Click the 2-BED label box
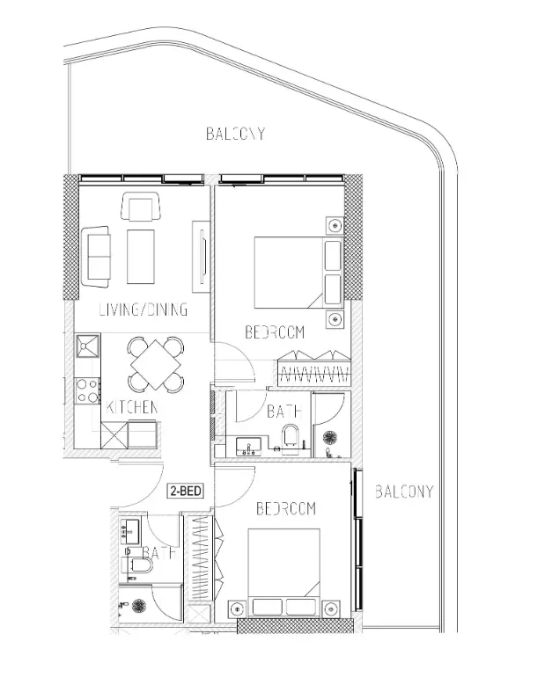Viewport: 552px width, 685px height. [186, 491]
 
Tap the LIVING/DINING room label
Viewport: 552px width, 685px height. [144, 310]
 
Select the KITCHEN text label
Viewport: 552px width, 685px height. [132, 407]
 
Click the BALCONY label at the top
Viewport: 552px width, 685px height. [235, 134]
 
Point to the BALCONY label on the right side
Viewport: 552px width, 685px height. [404, 492]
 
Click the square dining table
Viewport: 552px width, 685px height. [156, 364]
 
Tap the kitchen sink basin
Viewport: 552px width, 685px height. [88, 346]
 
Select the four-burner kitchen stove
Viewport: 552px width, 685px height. [87, 391]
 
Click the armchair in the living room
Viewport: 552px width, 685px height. [140, 206]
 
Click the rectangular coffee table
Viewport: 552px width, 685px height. [140, 257]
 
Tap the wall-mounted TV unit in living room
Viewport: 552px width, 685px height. [201, 256]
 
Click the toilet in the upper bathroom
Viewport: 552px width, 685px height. [291, 434]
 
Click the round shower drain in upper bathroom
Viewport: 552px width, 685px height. [329, 438]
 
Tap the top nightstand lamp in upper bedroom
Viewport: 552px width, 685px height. [335, 225]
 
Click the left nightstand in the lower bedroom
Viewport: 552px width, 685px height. [237, 608]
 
